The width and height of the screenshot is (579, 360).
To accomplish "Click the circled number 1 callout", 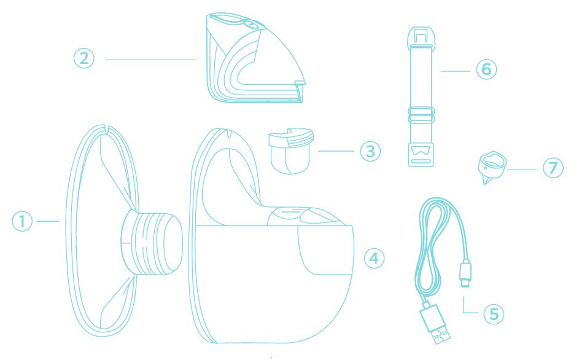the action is (22, 221).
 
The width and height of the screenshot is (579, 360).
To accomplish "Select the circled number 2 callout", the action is (84, 58).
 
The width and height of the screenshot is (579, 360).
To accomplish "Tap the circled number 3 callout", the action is (370, 151).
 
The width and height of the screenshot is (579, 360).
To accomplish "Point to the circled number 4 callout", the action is (374, 258).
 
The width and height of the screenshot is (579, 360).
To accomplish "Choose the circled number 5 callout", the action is (494, 314).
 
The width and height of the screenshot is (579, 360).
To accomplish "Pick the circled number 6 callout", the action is (486, 69).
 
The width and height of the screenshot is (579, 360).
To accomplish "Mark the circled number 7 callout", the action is (553, 168).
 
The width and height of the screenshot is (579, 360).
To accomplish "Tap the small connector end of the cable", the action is (465, 273).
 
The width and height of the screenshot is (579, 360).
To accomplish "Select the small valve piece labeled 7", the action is (492, 166).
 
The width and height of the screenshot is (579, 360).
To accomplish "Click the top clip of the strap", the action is (421, 37).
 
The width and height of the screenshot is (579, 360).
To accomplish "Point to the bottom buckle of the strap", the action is (421, 155).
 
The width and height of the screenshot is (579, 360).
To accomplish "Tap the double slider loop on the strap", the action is (421, 115).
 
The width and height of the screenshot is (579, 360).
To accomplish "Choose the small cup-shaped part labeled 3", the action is (290, 151).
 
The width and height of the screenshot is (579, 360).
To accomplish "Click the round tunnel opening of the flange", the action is (173, 243).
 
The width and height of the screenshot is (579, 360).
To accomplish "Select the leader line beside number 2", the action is (150, 60).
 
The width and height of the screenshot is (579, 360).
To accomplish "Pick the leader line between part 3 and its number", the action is (336, 151).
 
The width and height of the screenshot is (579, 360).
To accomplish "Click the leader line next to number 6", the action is (456, 71).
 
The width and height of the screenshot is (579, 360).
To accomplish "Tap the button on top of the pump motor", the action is (251, 25).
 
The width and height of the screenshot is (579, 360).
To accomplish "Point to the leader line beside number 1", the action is (48, 221).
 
